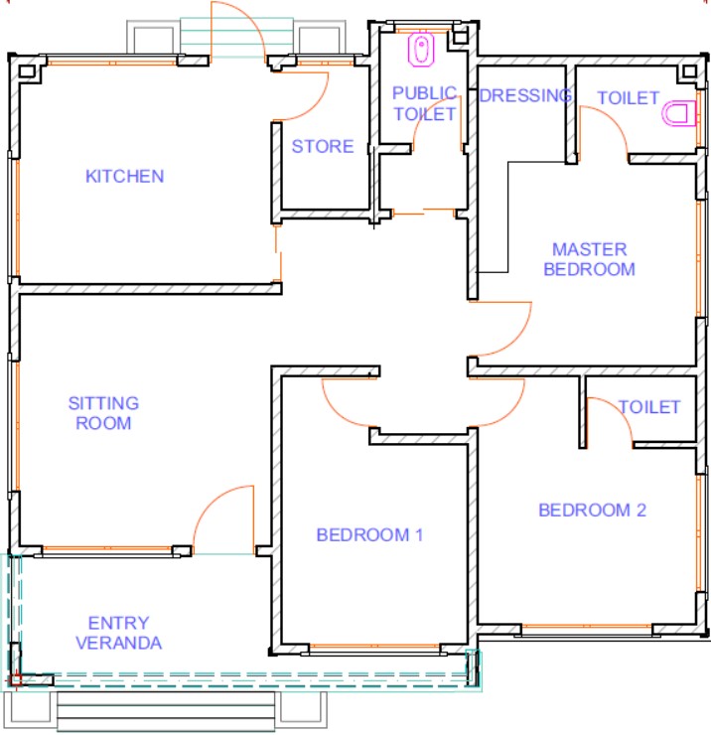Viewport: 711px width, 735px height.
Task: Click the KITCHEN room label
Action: pos(125,176)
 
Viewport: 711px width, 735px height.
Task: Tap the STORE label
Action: pos(323,146)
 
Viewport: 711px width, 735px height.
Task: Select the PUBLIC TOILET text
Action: pos(424,103)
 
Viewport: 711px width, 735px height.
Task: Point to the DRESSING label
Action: pos(525,95)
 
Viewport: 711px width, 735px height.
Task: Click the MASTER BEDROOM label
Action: pos(589,259)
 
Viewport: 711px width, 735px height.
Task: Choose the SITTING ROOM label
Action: pos(103,413)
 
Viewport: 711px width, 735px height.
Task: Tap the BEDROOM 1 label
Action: pos(369,534)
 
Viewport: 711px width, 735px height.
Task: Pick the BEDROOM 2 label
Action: pos(593,510)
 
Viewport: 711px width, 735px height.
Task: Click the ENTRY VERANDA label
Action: pos(118,633)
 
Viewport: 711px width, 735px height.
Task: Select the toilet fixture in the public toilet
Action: pos(421,49)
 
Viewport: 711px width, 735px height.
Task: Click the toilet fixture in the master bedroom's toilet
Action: pos(678,113)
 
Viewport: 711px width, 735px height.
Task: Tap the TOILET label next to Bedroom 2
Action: pos(649,407)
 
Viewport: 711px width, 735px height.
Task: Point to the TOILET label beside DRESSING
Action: pos(629,98)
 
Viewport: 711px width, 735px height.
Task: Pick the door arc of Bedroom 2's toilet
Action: pos(618,412)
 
